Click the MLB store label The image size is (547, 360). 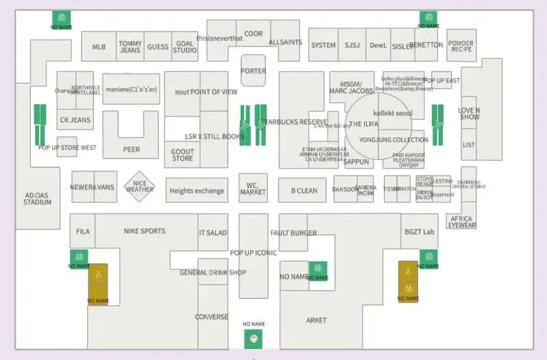(x=99, y=47)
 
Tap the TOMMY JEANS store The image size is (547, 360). (x=130, y=47)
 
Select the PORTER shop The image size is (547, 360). (x=254, y=71)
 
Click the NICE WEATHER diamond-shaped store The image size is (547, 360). (x=140, y=187)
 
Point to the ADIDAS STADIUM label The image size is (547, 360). (x=38, y=199)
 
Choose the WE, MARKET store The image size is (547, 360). (x=253, y=188)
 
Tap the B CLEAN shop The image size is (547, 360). (x=304, y=191)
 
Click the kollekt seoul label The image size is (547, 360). (x=393, y=113)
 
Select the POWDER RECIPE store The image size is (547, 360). (x=461, y=46)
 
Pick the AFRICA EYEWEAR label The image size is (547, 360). (x=461, y=221)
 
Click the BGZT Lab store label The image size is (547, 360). (x=419, y=232)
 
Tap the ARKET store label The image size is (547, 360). (x=316, y=320)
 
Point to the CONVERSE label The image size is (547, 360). (x=212, y=317)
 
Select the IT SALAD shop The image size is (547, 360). (x=212, y=233)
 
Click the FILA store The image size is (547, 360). (x=83, y=232)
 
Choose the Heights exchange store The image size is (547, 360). (x=197, y=191)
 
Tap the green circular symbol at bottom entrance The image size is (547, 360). (x=254, y=338)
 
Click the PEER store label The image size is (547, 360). (x=131, y=149)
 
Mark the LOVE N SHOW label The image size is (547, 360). (x=470, y=113)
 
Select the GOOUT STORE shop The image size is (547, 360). (x=182, y=155)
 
